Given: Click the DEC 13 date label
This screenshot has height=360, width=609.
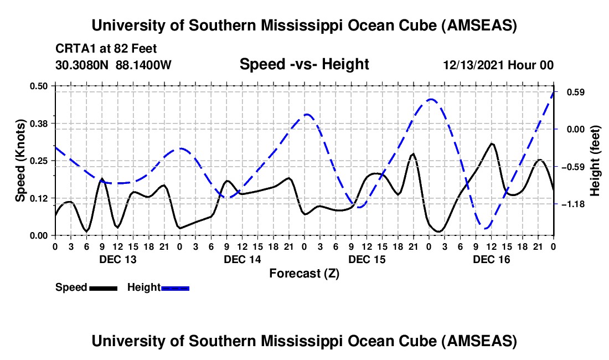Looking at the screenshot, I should [117, 259].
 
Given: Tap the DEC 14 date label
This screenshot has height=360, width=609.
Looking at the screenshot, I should [241, 259].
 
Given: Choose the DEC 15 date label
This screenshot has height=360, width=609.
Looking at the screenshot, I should [366, 259].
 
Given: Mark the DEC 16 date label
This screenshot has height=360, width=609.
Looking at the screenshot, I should [491, 259].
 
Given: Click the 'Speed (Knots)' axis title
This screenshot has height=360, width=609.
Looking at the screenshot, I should [20, 161].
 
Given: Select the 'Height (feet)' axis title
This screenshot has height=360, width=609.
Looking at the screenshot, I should [595, 161].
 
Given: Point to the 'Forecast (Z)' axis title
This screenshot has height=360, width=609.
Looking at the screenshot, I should [304, 273].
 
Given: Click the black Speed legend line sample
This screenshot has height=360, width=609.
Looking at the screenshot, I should [103, 287].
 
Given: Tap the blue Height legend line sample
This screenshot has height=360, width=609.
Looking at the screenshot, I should [176, 287].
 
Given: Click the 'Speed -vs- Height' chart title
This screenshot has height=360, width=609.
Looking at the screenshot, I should [304, 64].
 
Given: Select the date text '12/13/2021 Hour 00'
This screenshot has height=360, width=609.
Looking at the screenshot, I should [498, 65].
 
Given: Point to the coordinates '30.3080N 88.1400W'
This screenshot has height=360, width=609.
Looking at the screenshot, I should [113, 65].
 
